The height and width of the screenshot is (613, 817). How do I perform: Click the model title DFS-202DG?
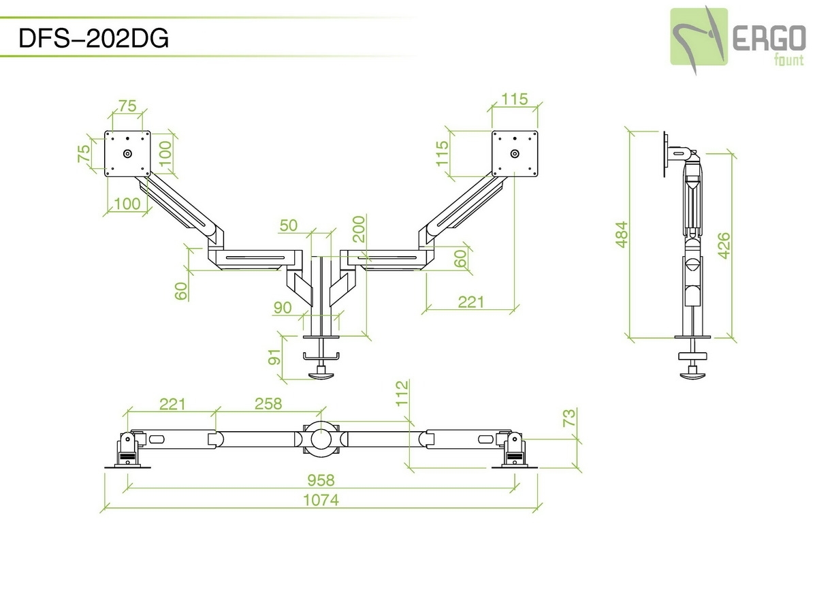(x=94, y=40)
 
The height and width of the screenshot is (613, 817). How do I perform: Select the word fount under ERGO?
(x=789, y=59)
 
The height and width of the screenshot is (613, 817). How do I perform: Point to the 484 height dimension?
(x=622, y=234)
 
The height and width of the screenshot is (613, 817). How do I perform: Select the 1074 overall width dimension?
(x=321, y=500)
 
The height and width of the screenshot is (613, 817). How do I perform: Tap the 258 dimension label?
(x=268, y=404)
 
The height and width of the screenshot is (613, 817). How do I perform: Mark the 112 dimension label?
(x=402, y=394)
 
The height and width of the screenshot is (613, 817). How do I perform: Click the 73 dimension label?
(x=569, y=418)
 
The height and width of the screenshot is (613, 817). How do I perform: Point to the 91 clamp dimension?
(x=276, y=358)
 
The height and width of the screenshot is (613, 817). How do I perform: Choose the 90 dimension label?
(x=283, y=308)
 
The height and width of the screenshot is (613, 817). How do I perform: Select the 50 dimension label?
(x=289, y=225)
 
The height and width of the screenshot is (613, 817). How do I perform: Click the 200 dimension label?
(x=359, y=229)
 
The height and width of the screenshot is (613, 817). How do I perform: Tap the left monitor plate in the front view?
(x=127, y=153)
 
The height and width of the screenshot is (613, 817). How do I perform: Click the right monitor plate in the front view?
(x=515, y=153)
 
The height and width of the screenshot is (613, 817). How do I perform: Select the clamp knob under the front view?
(x=321, y=373)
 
